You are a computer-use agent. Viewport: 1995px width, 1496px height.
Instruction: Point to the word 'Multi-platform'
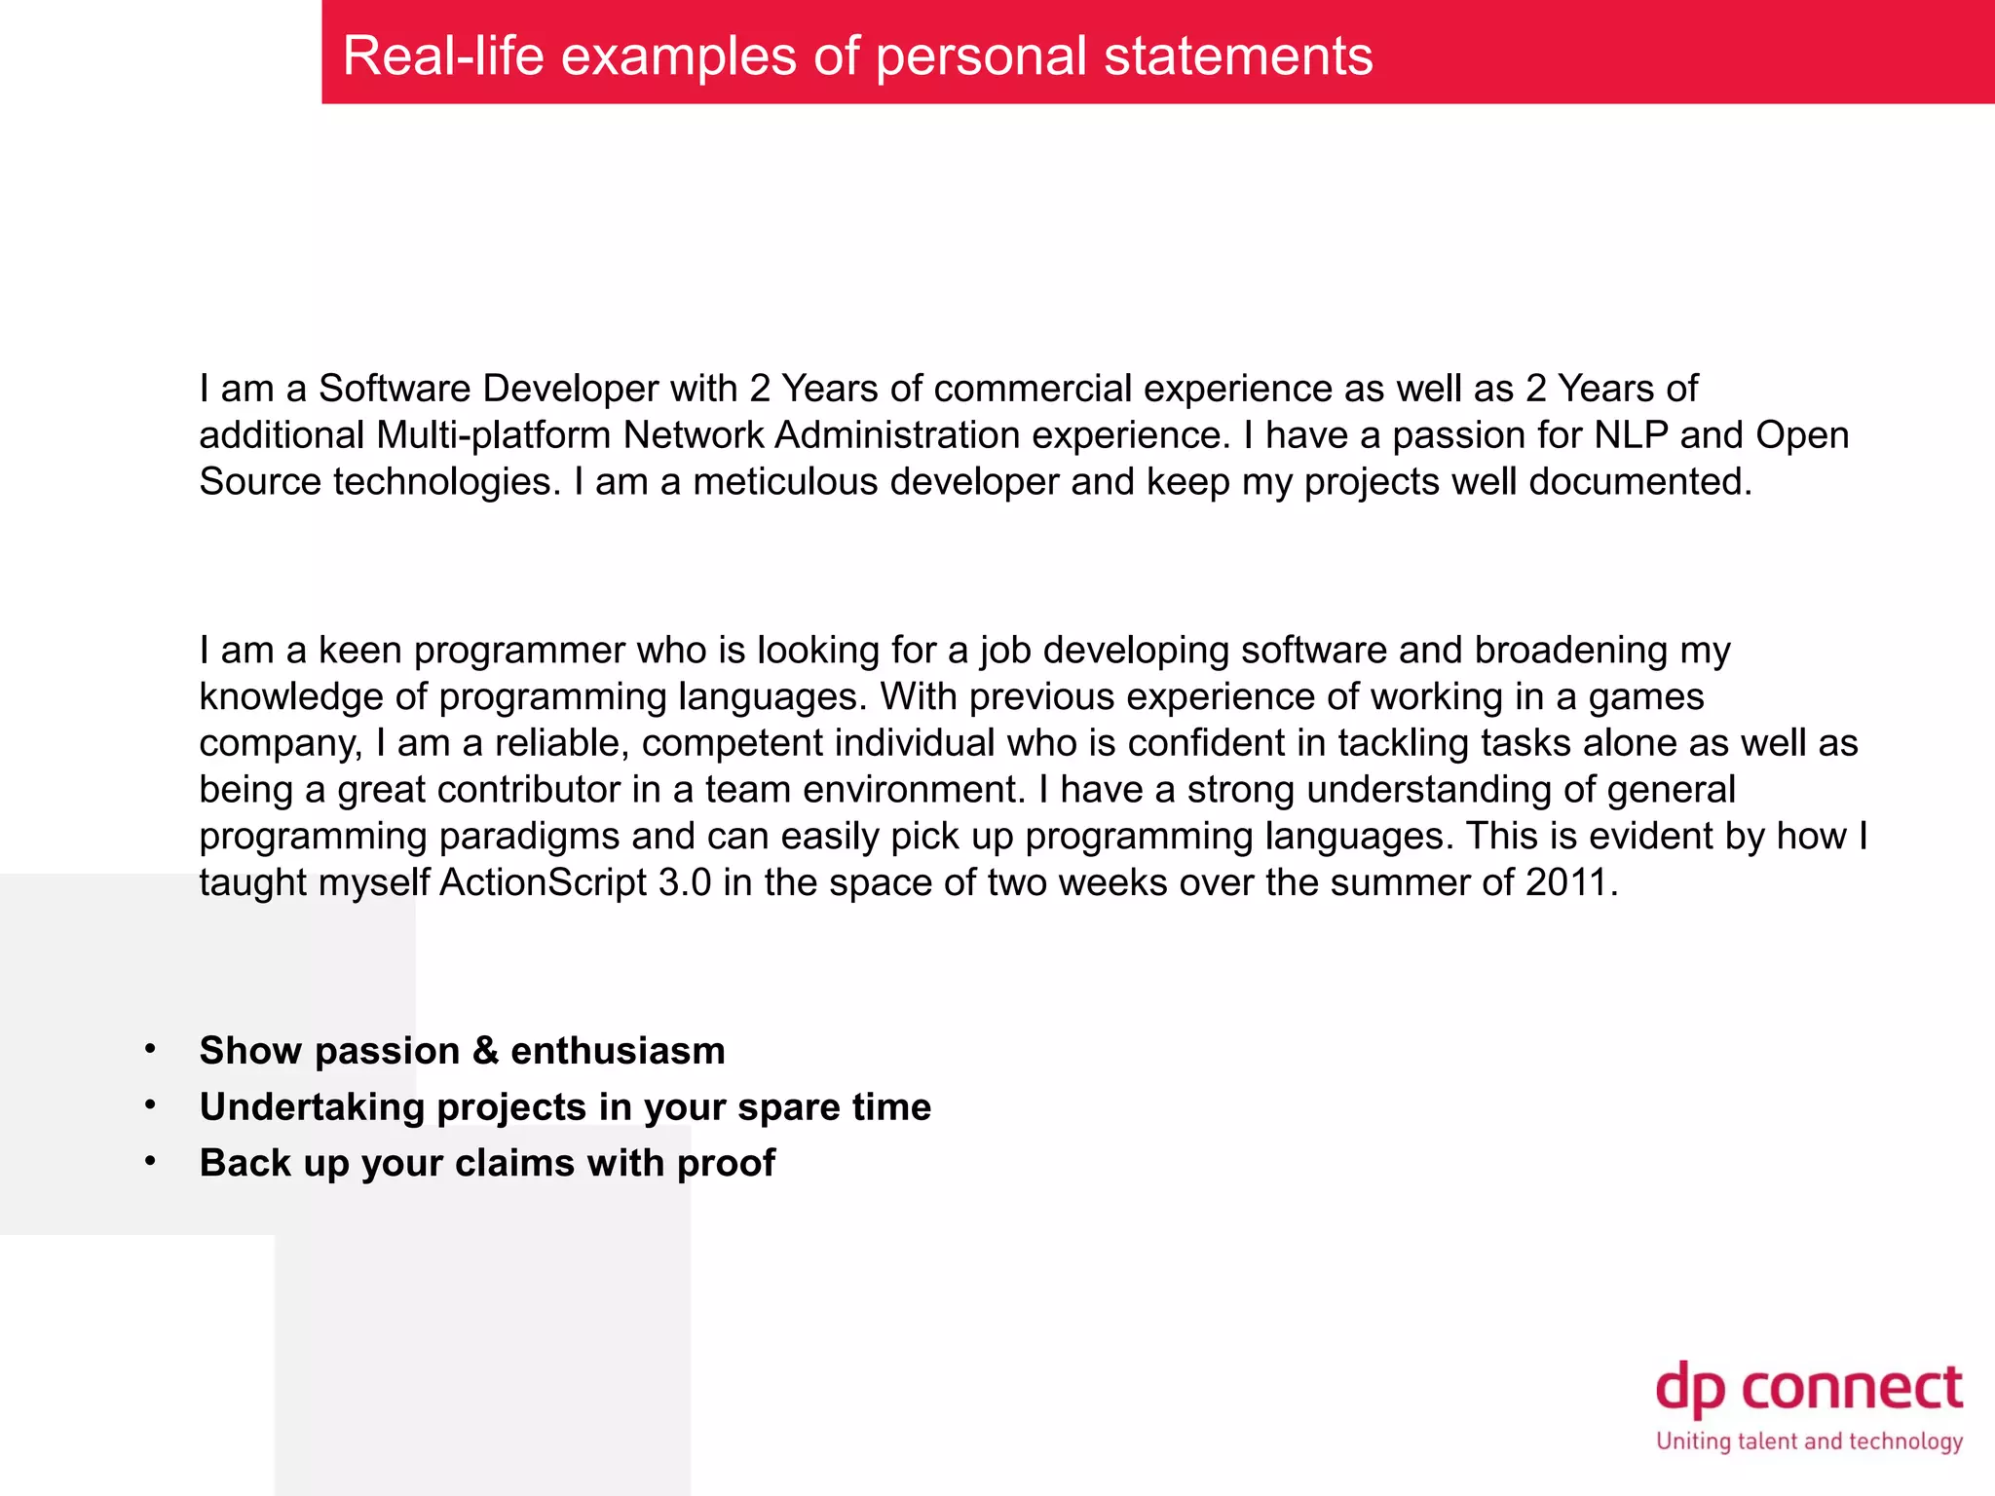pyautogui.click(x=494, y=435)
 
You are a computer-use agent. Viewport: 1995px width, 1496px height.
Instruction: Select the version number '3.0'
pyautogui.click(x=685, y=882)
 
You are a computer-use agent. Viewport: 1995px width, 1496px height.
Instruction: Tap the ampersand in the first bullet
pyautogui.click(x=485, y=1051)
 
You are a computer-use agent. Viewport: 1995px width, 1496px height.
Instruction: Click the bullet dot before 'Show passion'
pyautogui.click(x=150, y=1049)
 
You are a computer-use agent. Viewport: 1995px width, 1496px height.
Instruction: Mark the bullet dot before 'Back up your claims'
pyautogui.click(x=150, y=1161)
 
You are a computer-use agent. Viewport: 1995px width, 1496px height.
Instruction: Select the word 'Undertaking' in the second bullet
pyautogui.click(x=312, y=1107)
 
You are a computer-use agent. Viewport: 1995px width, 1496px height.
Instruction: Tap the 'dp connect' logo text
pyautogui.click(x=1809, y=1388)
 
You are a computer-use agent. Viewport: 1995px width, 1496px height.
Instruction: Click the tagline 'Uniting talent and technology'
pyautogui.click(x=1809, y=1441)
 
